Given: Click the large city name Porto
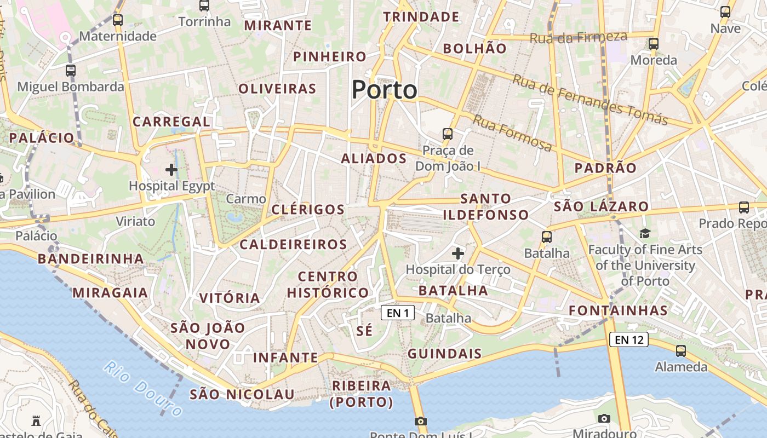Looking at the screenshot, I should click(x=384, y=89).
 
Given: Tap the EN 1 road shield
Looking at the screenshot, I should click(x=398, y=313).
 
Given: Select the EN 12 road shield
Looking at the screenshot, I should click(x=628, y=339).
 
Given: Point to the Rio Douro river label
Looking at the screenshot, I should click(x=143, y=388).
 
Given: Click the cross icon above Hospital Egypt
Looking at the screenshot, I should click(x=171, y=170).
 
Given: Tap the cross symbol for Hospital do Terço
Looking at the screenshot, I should click(x=458, y=253).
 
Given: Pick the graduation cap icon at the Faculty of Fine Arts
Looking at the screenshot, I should click(x=645, y=234).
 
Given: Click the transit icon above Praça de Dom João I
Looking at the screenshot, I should click(x=448, y=134).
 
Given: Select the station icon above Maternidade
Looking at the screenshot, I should click(x=117, y=20).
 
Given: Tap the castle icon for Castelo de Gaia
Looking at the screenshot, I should click(x=36, y=420).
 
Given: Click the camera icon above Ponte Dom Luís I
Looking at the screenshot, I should click(x=421, y=421).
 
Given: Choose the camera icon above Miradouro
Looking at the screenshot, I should click(x=604, y=418).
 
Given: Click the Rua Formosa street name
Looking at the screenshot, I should click(x=512, y=133).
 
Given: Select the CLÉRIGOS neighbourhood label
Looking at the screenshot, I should click(x=308, y=209).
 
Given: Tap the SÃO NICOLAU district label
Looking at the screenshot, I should click(x=242, y=394).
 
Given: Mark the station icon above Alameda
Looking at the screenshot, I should click(x=681, y=350).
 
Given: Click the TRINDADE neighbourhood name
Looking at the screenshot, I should click(x=421, y=17).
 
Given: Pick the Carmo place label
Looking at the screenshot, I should click(x=246, y=199).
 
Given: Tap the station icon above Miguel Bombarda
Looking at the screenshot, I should click(x=71, y=70).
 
